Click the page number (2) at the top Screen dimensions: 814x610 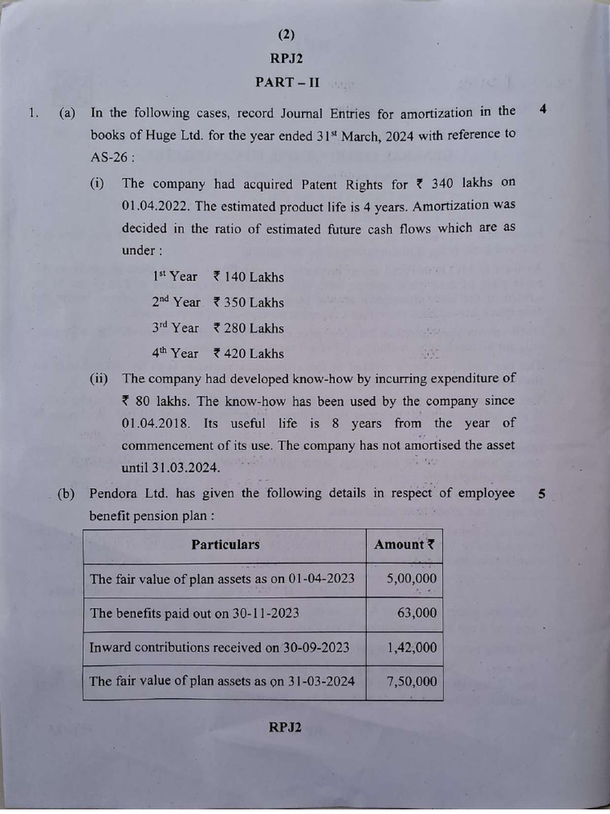click(x=287, y=34)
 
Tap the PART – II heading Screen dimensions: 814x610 click(x=287, y=82)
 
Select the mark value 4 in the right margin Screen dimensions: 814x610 click(x=542, y=110)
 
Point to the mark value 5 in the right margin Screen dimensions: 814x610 click(x=541, y=494)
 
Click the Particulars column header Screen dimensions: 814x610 click(x=225, y=545)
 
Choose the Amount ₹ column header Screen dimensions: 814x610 click(x=404, y=545)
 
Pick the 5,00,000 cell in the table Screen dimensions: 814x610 click(x=411, y=579)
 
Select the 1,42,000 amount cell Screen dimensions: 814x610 click(x=411, y=647)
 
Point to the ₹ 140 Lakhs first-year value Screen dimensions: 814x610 click(x=248, y=277)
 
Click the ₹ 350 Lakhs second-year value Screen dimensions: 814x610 click(x=248, y=302)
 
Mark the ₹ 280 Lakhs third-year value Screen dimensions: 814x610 click(x=248, y=328)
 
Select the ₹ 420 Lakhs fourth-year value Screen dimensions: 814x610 click(x=248, y=353)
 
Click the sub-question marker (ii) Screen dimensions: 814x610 click(x=99, y=378)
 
